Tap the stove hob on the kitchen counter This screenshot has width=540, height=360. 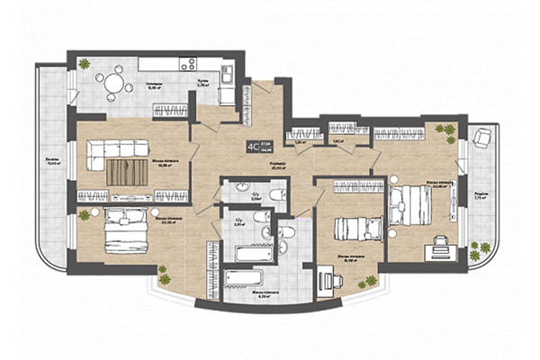pos(190,64)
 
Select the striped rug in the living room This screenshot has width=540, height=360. pos(127,170)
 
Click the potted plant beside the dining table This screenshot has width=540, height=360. pos(83,64)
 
